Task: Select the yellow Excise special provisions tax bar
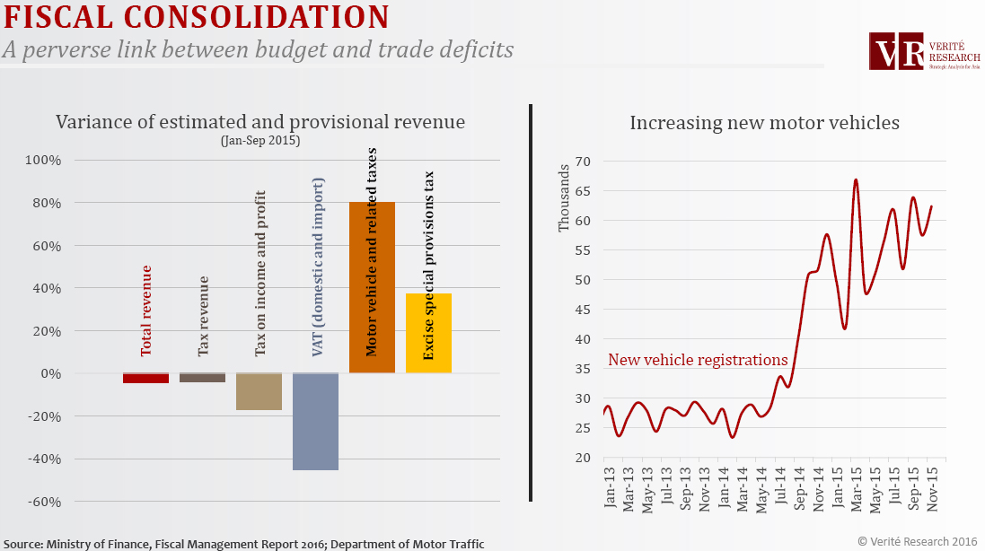coord(428,333)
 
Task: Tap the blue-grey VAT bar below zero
coord(315,421)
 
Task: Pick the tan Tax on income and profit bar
coord(259,392)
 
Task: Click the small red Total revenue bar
coord(145,378)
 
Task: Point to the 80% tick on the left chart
coord(43,203)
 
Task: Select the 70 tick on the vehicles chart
coord(584,162)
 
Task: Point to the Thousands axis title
coord(564,197)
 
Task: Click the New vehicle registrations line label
coord(698,360)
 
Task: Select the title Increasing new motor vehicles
coord(764,123)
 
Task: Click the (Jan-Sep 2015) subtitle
coord(259,141)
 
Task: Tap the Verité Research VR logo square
coord(897,52)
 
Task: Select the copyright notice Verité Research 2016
coord(916,540)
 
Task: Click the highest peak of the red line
coord(856,179)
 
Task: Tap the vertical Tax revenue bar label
coord(203,319)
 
